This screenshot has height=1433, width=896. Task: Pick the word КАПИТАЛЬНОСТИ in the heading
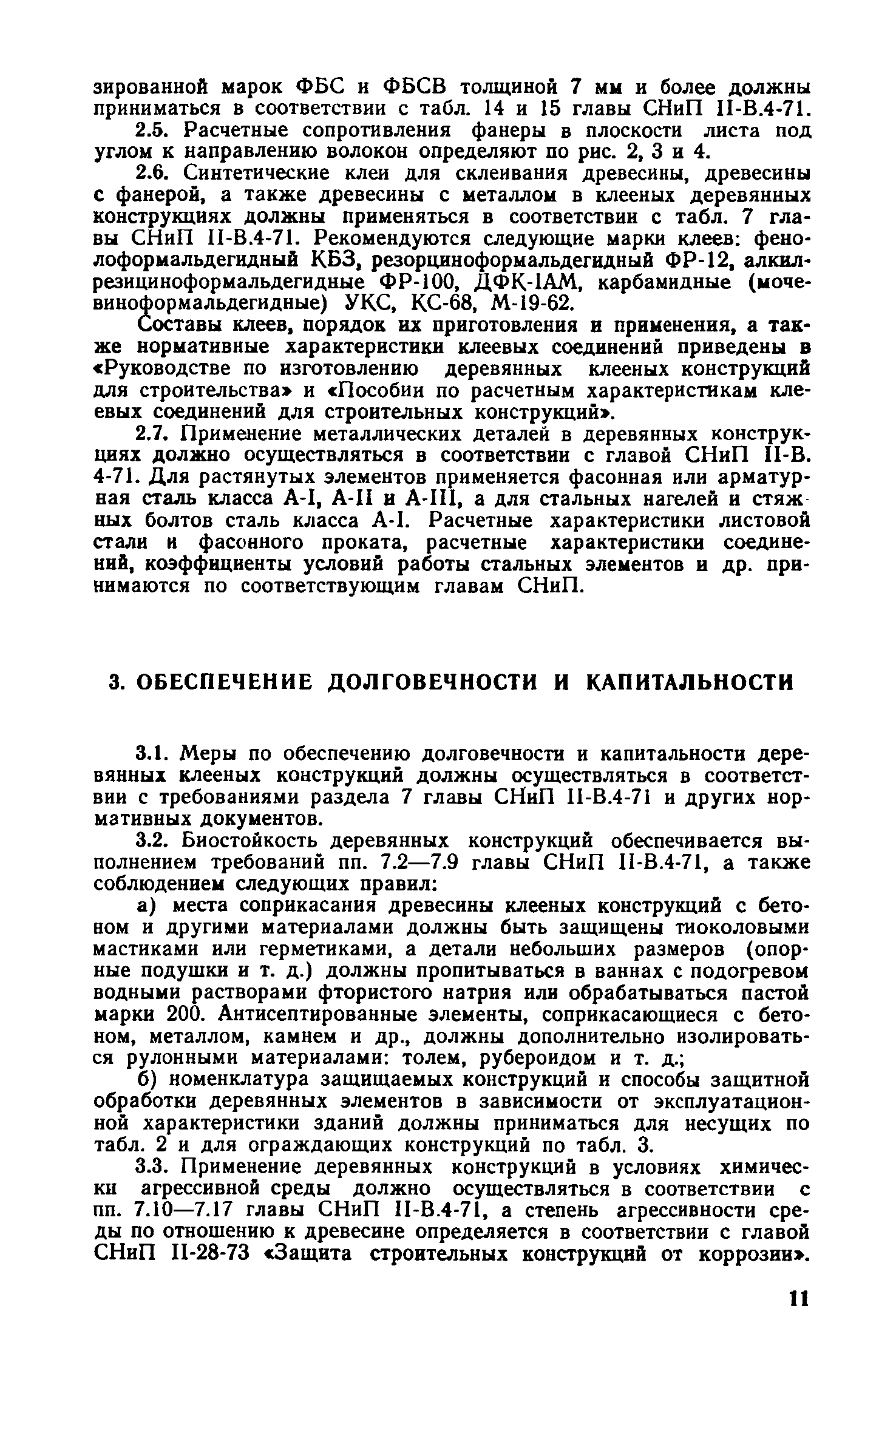coord(690,682)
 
